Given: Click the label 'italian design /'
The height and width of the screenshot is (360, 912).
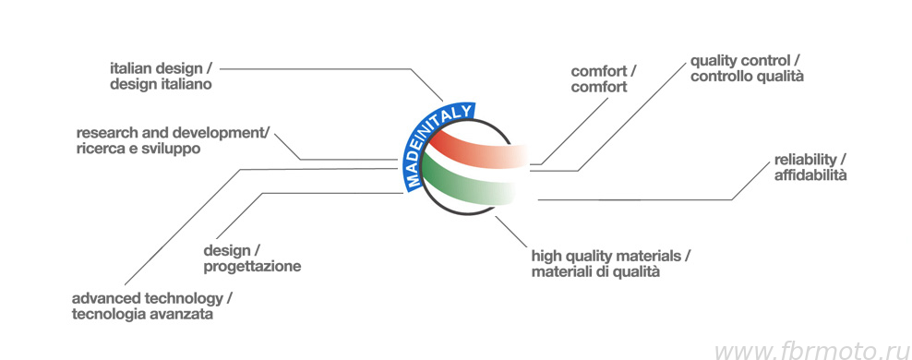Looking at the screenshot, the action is [161, 69].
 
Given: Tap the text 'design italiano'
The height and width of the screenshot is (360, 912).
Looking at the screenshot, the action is [161, 85].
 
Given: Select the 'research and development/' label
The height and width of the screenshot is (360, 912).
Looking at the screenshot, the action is [174, 133].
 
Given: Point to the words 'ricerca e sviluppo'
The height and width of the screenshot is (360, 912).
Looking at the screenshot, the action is [138, 149].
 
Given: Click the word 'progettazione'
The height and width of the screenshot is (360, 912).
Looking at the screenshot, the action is [252, 268].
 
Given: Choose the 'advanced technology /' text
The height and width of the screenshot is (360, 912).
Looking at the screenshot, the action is [152, 299].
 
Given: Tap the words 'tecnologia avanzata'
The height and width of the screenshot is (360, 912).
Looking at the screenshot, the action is [142, 315].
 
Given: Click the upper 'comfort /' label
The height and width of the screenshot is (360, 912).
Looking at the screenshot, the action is [604, 72].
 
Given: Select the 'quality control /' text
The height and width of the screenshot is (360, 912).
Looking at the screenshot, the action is [747, 61].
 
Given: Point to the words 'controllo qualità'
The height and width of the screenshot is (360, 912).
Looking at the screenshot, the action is [747, 77].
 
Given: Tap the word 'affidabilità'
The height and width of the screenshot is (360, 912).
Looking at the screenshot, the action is [810, 175].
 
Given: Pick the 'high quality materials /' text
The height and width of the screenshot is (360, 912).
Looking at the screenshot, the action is [611, 256].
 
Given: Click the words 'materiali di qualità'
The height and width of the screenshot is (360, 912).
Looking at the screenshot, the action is [595, 271].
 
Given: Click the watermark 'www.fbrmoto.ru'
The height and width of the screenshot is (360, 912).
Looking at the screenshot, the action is [811, 352].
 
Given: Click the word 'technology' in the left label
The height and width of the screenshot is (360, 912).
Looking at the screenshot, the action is [182, 299].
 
